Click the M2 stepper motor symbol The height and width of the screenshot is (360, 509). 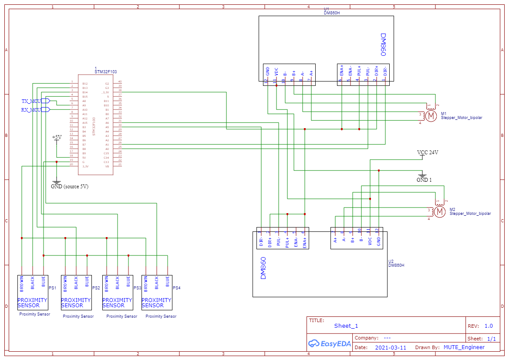(439, 212)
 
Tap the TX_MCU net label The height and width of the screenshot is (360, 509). (31, 101)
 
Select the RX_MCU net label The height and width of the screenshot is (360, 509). (31, 110)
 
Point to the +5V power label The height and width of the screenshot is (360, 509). (57, 137)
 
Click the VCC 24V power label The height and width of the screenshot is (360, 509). (427, 153)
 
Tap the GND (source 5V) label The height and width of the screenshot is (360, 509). (70, 187)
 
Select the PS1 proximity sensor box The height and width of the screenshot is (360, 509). (33, 292)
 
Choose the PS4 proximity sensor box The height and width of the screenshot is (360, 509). (157, 292)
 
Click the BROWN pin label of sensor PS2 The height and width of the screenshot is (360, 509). (65, 283)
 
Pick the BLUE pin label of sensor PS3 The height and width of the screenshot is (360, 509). (128, 282)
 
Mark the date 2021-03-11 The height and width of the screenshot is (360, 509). (391, 348)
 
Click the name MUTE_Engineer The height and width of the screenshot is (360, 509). (464, 347)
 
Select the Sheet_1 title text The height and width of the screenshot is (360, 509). (346, 326)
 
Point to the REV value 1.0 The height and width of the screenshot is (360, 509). (489, 326)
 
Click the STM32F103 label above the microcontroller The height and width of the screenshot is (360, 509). (106, 72)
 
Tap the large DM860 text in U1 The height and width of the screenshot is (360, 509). (383, 45)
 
